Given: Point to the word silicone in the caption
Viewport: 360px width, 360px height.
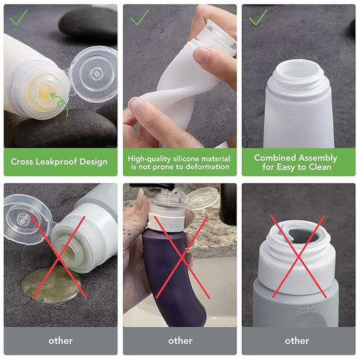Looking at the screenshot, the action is [186, 159].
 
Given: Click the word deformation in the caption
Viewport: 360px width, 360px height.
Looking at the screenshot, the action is [207, 167].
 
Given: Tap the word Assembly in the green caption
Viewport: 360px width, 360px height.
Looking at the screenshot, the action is [317, 158].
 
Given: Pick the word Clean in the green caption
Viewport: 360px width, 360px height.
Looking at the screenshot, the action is [320, 167].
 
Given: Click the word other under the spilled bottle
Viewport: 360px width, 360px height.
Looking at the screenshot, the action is [61, 340].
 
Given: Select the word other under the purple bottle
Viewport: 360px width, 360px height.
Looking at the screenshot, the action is [180, 340].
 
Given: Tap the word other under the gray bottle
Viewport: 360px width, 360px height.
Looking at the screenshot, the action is [297, 340].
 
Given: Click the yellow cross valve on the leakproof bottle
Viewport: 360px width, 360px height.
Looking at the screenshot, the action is [44, 93].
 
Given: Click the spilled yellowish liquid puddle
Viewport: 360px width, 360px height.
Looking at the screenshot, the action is [51, 284].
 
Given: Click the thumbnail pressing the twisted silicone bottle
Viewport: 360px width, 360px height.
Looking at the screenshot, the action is [201, 55].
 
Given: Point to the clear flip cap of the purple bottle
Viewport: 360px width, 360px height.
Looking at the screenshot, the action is [202, 196].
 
